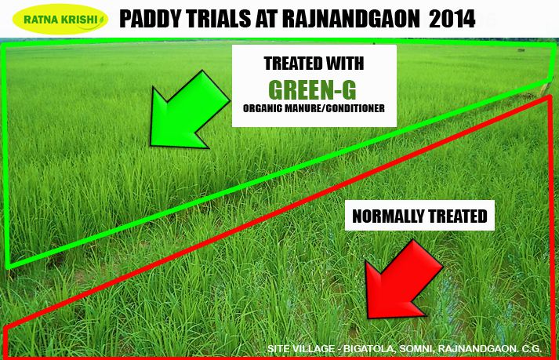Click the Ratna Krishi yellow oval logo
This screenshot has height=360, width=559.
point(60,19)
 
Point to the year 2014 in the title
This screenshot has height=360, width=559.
point(452,19)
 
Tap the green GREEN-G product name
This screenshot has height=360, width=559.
point(312,90)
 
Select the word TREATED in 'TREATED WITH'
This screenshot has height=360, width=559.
point(291,64)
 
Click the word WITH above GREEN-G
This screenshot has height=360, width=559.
point(343,64)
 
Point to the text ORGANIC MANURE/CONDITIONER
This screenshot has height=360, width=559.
point(314,108)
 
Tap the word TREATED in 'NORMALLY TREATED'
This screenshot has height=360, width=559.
point(457,216)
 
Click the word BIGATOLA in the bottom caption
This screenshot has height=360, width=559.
point(368,348)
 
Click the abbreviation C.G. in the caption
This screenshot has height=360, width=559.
point(532,348)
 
